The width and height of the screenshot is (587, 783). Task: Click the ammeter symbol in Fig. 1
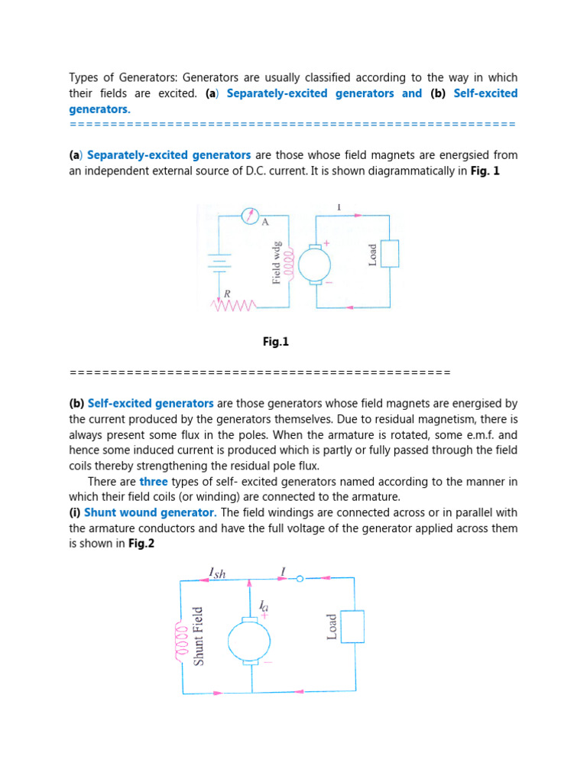click(x=250, y=216)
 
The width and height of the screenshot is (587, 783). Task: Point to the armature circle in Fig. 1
click(x=314, y=265)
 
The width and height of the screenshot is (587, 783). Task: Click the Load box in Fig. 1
click(x=390, y=253)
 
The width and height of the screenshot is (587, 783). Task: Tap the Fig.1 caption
click(x=276, y=343)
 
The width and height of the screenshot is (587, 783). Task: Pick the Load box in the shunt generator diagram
click(x=352, y=626)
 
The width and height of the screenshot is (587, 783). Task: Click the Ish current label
click(x=218, y=572)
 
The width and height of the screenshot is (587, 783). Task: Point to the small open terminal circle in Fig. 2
click(x=300, y=579)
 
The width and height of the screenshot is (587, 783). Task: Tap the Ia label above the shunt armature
click(x=264, y=605)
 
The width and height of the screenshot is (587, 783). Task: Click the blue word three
click(x=153, y=482)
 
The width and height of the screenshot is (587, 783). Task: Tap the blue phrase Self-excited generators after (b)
click(x=151, y=403)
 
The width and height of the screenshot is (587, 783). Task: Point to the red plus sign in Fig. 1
click(x=327, y=243)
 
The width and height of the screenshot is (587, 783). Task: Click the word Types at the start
click(x=85, y=77)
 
